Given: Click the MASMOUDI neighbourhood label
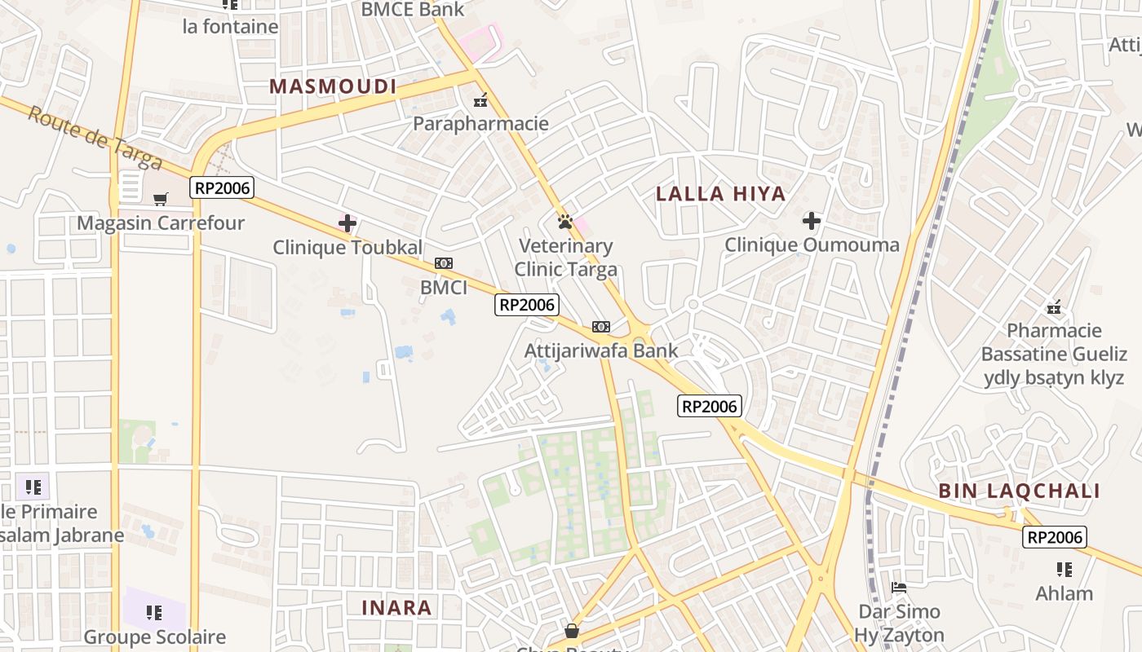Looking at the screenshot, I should tap(333, 86).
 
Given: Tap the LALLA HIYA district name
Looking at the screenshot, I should tap(721, 194).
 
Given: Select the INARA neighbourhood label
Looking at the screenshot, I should tap(396, 607).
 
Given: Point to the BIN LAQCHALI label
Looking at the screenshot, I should tap(1019, 491).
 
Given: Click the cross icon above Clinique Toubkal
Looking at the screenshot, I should tap(347, 222).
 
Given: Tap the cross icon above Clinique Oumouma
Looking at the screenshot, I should tap(812, 220).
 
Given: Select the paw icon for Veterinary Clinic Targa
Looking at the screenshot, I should tap(564, 221).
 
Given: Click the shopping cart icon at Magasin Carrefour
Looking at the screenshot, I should tap(161, 199).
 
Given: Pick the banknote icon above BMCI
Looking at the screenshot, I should tap(444, 263).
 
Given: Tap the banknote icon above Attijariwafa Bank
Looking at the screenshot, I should tap(601, 327).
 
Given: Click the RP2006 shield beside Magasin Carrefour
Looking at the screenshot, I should tap(223, 188).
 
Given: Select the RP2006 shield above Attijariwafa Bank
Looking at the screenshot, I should tap(527, 305).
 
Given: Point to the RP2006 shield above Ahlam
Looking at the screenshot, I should tap(1055, 537).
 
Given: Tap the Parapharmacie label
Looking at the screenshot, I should tap(480, 124).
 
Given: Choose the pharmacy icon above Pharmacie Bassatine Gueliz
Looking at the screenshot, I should tap(1054, 307).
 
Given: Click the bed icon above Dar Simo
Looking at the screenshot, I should tap(899, 587).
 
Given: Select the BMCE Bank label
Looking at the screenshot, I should tap(413, 10).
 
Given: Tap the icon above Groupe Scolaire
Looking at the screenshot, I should tap(154, 612).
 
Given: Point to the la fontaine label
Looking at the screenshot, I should tap(231, 26).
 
